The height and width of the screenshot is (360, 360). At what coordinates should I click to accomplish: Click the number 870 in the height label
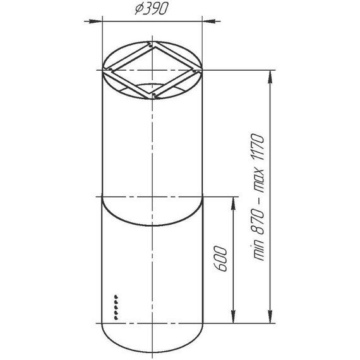point(258,219)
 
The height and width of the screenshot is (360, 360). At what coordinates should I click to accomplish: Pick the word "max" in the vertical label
point(258,181)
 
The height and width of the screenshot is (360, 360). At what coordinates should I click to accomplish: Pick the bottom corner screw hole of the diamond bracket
point(153,96)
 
